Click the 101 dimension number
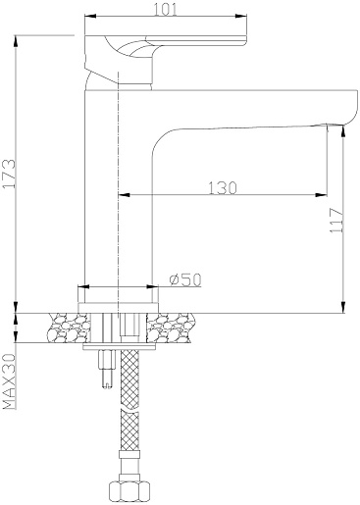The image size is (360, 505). [x=166, y=10]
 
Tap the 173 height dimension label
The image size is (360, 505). [x=9, y=174]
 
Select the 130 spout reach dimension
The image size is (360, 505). [x=223, y=187]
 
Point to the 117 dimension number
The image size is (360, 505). [x=336, y=220]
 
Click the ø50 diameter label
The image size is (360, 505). [x=185, y=279]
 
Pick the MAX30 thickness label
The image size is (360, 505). [x=9, y=381]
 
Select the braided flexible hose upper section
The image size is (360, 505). [x=129, y=379]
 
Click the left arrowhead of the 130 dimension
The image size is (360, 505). [x=124, y=195]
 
